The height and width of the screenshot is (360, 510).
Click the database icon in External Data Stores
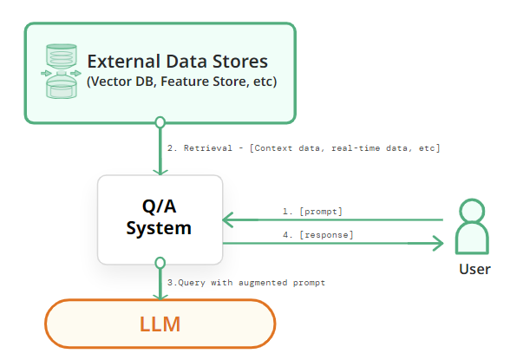coord(61,71)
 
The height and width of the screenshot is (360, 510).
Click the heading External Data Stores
coord(178,61)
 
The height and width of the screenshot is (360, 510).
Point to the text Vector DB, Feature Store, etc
coord(182,82)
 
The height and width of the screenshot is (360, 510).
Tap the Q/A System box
coord(160,219)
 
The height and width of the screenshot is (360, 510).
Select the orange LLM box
coord(160,324)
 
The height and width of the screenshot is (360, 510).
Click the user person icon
coord(472,226)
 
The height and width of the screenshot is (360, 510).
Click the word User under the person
coord(474,269)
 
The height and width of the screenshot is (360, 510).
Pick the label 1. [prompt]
coord(312,212)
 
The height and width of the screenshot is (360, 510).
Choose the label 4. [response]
coord(317,235)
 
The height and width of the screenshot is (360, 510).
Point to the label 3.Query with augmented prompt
coord(246,283)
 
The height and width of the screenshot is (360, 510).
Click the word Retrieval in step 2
coord(208,148)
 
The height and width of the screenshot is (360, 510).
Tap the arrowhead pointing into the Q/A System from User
coord(227,219)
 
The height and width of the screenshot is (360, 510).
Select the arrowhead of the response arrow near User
coord(438,243)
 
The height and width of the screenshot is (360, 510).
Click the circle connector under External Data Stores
coord(160,122)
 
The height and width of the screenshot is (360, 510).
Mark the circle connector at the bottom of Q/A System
coord(160,263)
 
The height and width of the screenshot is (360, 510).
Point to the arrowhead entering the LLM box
coord(160,297)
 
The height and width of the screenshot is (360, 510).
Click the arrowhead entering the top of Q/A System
coord(160,172)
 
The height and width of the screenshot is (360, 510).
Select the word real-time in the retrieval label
coord(356,148)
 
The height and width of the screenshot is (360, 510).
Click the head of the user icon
coord(472,211)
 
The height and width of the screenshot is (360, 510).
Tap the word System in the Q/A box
coord(159,228)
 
